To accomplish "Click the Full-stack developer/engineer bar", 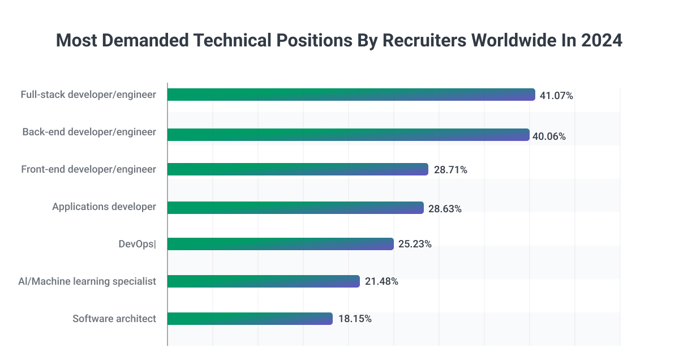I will [x=351, y=95].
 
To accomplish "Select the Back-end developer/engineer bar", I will [x=348, y=135].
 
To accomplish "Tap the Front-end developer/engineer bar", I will [x=298, y=169].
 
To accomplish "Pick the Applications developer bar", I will [x=295, y=208].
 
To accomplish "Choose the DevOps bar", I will [x=280, y=244].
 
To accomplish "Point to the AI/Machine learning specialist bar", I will [x=264, y=281].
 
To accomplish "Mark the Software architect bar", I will [x=250, y=319].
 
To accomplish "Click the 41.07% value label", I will [x=556, y=96].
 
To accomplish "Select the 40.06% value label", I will [x=551, y=136].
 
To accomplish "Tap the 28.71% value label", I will [x=450, y=170].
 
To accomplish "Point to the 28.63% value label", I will [x=445, y=209].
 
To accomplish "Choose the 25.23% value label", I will [x=415, y=245].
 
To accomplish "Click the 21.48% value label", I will [x=381, y=281].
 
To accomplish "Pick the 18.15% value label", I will [x=355, y=319].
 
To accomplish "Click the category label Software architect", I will [x=114, y=319].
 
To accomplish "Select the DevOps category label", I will [x=136, y=244].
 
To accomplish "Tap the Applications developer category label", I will [x=104, y=207].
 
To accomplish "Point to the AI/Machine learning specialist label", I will [x=87, y=281].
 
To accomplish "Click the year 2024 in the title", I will [x=601, y=41].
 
